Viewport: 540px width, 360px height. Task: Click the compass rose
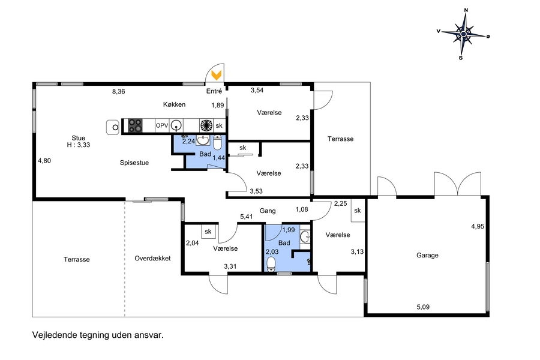pos(464,34)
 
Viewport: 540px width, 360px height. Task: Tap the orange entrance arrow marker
pos(216,75)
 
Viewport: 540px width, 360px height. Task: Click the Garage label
pos(427,255)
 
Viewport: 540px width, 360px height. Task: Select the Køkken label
pos(174,104)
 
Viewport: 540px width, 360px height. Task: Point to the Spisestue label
pos(134,163)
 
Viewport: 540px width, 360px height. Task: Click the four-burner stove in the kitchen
pos(136,125)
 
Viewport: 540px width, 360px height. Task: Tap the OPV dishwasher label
pos(162,126)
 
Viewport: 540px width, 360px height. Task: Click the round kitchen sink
pos(176,125)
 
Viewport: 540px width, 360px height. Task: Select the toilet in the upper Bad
pos(217,142)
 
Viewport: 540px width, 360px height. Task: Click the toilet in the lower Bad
pos(272,264)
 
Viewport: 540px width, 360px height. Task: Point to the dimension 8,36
pos(118,92)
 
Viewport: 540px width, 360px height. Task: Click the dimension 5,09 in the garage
pos(423,307)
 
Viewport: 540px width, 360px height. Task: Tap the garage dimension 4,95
pos(478,226)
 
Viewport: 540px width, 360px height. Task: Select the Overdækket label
pos(152,259)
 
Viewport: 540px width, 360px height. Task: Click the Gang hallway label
pos(268,211)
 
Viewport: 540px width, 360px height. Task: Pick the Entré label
pos(214,91)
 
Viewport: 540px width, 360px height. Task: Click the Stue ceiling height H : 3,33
pos(79,145)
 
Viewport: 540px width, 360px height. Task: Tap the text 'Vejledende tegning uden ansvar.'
pos(98,335)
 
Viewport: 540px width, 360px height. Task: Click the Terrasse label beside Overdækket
pos(76,259)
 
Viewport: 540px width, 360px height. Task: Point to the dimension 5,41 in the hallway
pos(246,217)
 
